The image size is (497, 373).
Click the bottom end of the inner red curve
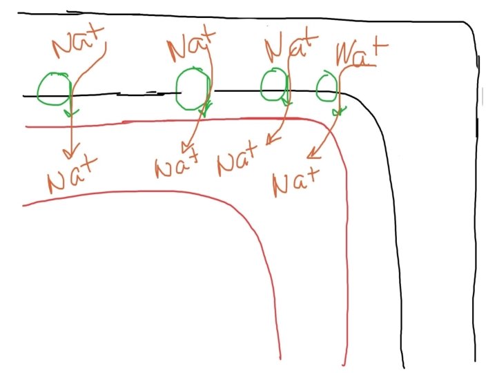[280, 358]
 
